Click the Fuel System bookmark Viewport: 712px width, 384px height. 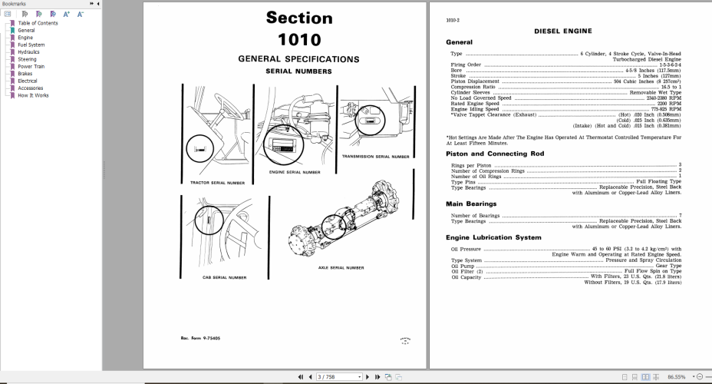tap(31, 45)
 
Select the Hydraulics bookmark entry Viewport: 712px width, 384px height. tap(28, 51)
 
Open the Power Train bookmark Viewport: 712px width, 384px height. tap(31, 66)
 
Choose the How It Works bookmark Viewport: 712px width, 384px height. tap(33, 95)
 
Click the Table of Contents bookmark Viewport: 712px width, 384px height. tap(38, 23)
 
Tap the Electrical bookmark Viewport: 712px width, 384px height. tap(28, 81)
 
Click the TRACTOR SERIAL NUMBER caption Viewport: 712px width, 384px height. tap(217, 183)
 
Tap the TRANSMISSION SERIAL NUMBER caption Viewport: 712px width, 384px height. tap(376, 156)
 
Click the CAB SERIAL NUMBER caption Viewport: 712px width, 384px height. tap(224, 276)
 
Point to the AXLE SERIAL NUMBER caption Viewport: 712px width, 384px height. tap(341, 267)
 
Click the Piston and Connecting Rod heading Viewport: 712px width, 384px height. tap(495, 154)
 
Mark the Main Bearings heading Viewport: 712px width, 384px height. tap(471, 204)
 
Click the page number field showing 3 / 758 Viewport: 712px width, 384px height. tap(338, 377)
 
